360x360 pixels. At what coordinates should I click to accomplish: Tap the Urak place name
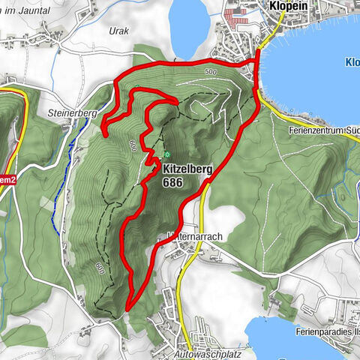click(x=119, y=30)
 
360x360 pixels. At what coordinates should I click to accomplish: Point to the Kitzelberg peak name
click(x=187, y=170)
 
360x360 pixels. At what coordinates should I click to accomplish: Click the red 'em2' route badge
click(x=7, y=179)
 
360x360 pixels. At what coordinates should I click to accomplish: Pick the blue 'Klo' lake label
click(x=350, y=63)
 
